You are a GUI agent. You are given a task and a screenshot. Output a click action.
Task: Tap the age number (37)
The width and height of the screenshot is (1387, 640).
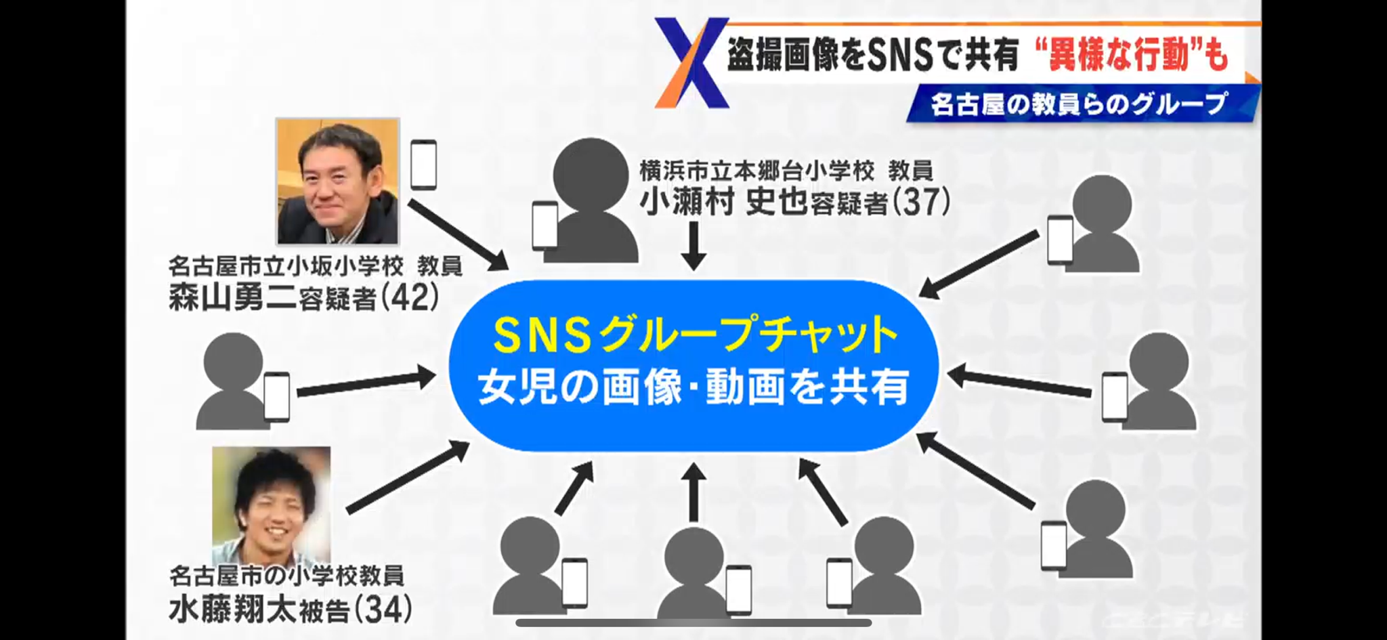922,201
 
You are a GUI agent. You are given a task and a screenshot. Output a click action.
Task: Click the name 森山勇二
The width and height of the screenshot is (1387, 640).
233,298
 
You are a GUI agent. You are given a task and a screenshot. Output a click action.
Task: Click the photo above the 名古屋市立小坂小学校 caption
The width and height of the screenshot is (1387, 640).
338,181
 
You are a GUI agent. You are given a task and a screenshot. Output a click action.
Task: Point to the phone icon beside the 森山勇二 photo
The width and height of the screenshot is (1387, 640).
424,164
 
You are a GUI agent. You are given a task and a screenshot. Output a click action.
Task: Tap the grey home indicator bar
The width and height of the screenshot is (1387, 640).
693,622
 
